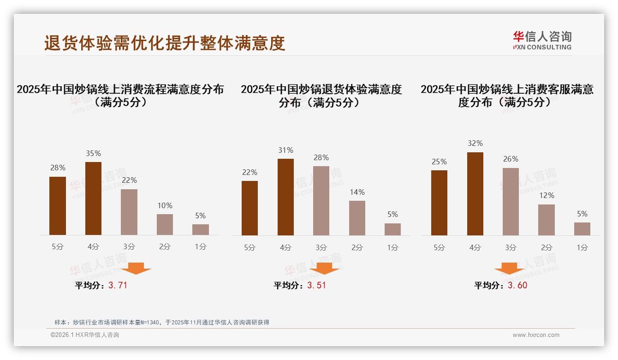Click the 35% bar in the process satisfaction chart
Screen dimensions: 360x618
click(x=93, y=198)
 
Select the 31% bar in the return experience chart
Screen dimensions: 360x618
click(x=285, y=197)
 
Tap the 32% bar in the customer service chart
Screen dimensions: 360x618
click(x=475, y=194)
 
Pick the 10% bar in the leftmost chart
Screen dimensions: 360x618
click(x=165, y=224)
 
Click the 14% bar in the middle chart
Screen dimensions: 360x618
click(x=357, y=218)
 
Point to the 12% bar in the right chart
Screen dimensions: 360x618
click(x=547, y=220)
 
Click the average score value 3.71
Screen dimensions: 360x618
click(x=118, y=285)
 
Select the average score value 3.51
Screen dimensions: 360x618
click(x=316, y=285)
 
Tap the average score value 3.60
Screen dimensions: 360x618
click(x=517, y=285)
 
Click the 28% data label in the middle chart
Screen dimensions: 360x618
click(x=321, y=158)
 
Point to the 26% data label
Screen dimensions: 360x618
click(x=511, y=159)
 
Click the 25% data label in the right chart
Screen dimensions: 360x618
click(x=439, y=162)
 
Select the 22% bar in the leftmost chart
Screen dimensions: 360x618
click(x=129, y=212)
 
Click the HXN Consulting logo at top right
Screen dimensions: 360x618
click(x=542, y=40)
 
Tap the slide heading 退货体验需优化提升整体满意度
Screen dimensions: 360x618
click(x=165, y=43)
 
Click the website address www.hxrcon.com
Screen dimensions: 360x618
click(x=536, y=335)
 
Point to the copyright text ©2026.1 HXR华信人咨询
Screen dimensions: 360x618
click(x=85, y=335)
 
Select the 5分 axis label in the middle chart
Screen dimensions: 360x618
click(x=250, y=247)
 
